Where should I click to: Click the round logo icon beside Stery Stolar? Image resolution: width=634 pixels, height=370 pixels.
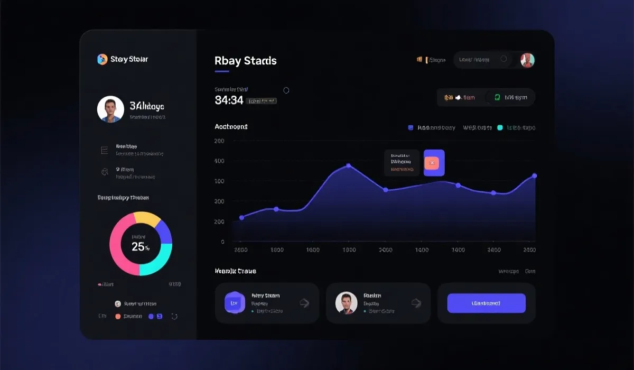(x=102, y=59)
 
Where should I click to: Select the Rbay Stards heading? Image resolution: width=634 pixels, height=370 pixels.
(x=245, y=61)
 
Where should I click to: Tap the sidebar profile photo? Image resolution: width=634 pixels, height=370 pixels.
(x=110, y=109)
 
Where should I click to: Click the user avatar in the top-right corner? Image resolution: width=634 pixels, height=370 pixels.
(x=527, y=60)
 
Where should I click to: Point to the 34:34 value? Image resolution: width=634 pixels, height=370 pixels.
(x=229, y=100)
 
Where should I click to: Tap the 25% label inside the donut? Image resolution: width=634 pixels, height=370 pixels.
(x=141, y=247)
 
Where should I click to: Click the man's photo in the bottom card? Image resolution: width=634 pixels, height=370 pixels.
(x=347, y=303)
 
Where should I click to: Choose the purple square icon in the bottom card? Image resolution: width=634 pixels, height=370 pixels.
(x=235, y=303)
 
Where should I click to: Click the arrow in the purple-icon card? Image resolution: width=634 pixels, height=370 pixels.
(x=304, y=303)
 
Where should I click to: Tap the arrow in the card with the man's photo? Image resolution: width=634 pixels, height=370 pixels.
(x=416, y=303)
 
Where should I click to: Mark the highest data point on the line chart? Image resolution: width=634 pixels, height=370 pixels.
(x=348, y=166)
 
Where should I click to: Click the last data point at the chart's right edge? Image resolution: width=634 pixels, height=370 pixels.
(x=534, y=175)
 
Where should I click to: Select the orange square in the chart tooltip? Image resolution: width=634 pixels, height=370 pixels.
(x=432, y=163)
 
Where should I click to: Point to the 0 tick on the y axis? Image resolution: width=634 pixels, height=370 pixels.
(x=222, y=242)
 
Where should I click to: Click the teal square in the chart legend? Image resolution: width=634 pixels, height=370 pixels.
(x=500, y=127)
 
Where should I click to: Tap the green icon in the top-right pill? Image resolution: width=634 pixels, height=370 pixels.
(x=497, y=97)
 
